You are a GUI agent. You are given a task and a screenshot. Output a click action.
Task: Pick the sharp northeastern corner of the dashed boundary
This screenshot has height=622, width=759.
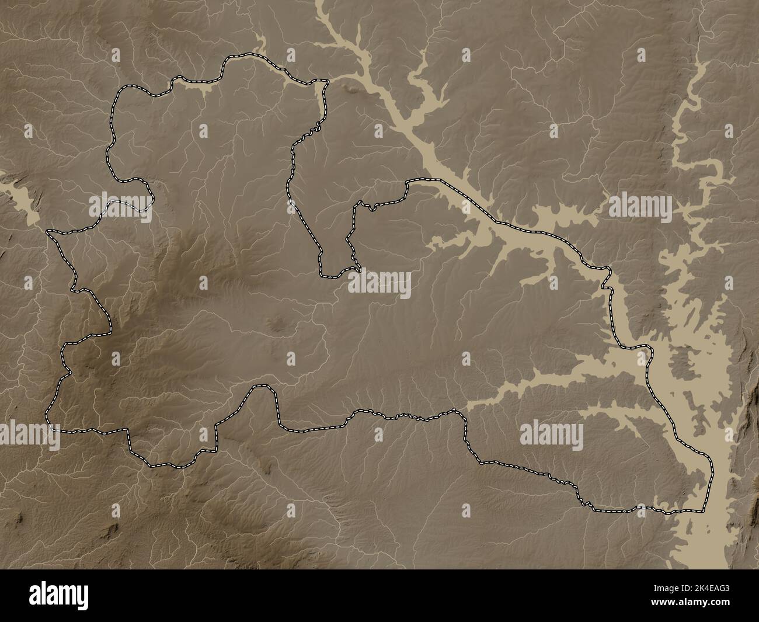tap(326, 82)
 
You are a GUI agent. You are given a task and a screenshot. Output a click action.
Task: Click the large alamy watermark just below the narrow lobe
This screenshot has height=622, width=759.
tap(379, 284)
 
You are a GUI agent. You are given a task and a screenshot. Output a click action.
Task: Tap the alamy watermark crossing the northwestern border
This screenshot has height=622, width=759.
tap(120, 206)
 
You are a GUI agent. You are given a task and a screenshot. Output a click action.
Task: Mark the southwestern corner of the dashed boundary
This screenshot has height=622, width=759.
tap(49, 425)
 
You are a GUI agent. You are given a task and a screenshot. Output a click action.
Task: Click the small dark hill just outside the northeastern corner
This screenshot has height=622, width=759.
tap(351, 89)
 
